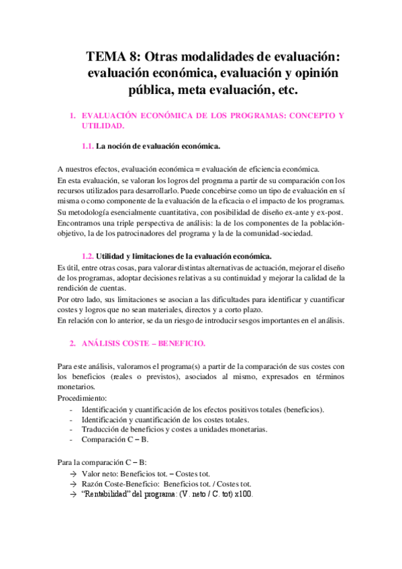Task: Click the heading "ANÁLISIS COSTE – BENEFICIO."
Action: point(144,343)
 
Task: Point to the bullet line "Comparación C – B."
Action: point(115,439)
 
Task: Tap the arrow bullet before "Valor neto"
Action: point(72,473)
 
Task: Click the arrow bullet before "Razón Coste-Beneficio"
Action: point(72,484)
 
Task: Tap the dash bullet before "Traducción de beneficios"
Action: point(72,429)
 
